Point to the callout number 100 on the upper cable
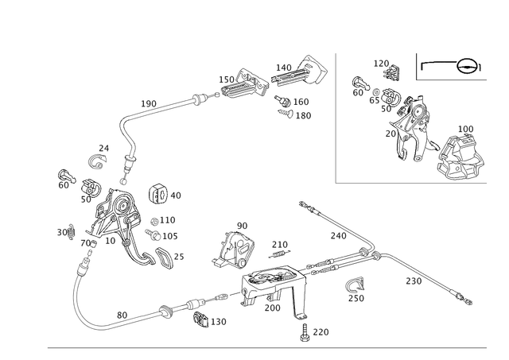coord(149,102)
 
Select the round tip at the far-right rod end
coord(469,301)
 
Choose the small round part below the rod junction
coord(355,288)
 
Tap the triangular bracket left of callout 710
coord(234,247)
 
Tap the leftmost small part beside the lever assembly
coord(64,180)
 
